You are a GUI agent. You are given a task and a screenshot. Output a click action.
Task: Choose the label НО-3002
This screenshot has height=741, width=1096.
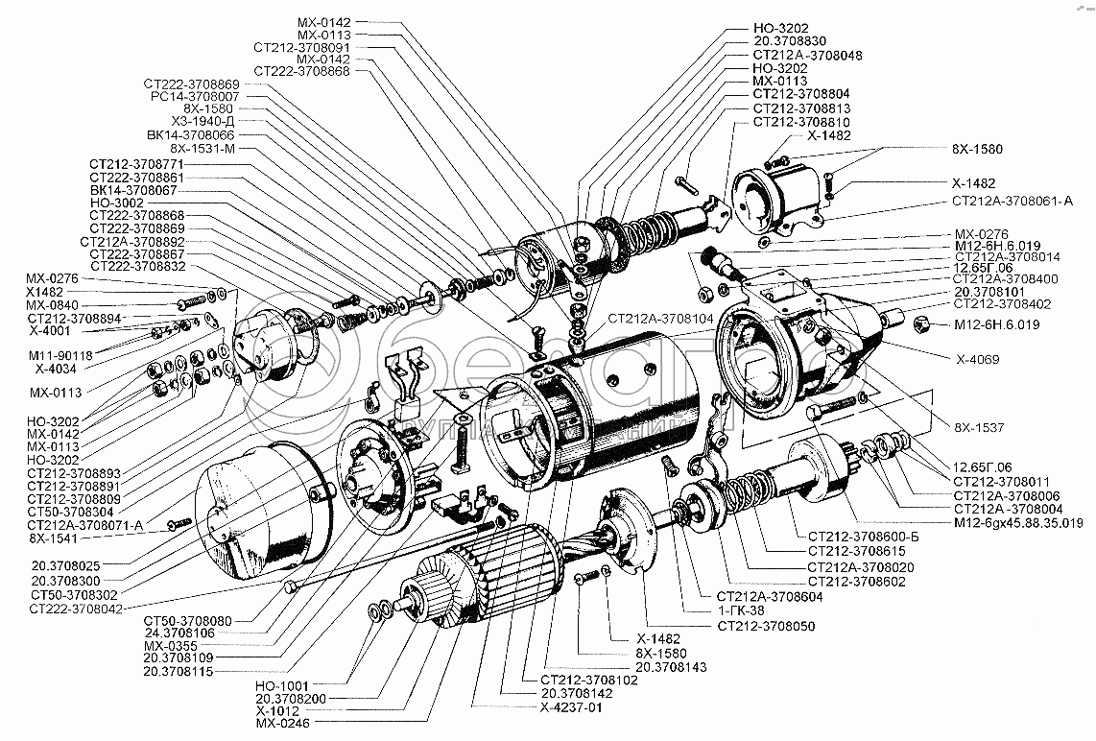click(116, 203)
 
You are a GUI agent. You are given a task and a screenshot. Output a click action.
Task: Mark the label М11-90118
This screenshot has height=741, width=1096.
click(60, 355)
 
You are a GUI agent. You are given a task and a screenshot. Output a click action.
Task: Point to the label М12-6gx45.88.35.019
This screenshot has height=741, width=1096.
click(1019, 522)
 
